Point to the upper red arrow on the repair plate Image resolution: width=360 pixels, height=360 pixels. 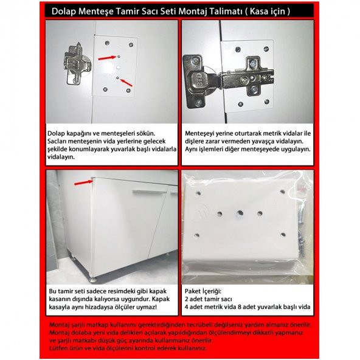tap(107, 58)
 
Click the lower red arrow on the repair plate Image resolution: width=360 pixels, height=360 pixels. tap(126, 83)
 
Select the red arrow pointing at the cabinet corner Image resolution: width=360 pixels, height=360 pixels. tap(83, 182)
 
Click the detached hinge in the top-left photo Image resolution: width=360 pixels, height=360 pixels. tap(76, 64)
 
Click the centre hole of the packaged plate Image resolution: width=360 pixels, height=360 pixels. tap(240, 213)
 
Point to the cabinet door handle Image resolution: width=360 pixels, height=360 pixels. tap(150, 192)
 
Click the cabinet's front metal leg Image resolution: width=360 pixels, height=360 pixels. tap(93, 279)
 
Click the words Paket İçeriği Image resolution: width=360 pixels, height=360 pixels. tap(203, 291)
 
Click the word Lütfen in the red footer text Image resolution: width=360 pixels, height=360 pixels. tap(57, 348)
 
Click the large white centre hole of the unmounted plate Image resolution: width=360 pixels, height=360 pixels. tap(118, 67)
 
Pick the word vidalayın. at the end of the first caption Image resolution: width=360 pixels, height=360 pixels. tap(61, 157)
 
